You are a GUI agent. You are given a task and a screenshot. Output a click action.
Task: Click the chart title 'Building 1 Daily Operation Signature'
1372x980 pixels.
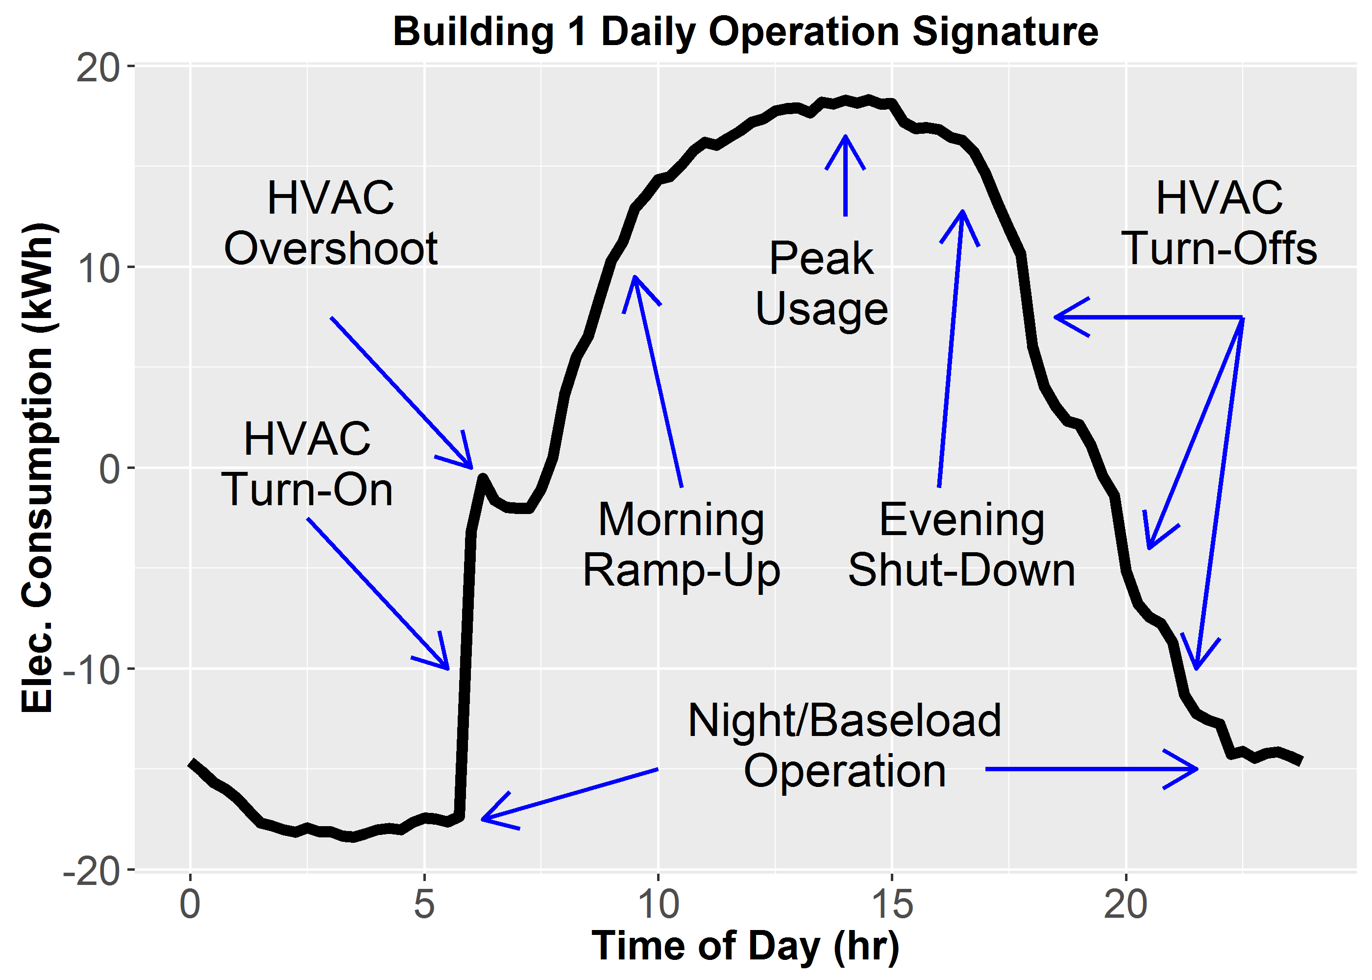tap(745, 31)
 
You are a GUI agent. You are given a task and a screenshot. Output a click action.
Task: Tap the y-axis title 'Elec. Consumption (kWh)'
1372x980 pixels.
tap(37, 467)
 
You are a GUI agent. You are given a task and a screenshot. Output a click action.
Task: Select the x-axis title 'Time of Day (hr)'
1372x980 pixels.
tap(745, 945)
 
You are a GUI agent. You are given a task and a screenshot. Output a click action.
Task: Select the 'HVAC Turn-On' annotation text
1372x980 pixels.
tap(307, 464)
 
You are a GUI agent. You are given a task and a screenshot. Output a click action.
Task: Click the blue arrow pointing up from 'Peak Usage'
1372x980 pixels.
tap(845, 175)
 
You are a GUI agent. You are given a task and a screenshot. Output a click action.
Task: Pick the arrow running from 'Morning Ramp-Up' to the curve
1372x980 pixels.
tap(658, 380)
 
